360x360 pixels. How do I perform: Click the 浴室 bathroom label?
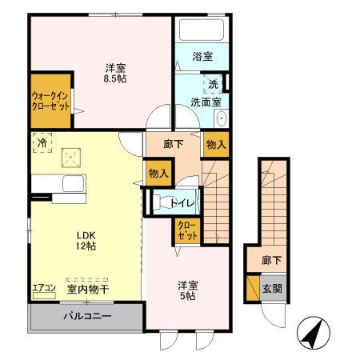click(x=202, y=57)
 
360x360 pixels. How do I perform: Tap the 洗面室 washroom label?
click(x=206, y=102)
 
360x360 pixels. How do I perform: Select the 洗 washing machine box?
click(x=214, y=84)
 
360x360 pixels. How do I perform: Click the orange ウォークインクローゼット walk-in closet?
click(x=50, y=102)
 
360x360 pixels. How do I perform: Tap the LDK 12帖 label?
click(x=86, y=241)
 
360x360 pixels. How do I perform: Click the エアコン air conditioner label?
click(x=43, y=289)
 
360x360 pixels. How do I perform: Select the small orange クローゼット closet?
click(x=186, y=233)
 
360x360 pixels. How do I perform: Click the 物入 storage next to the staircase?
click(x=215, y=146)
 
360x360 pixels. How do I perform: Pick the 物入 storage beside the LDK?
click(x=158, y=173)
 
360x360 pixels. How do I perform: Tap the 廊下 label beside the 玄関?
click(x=270, y=261)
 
